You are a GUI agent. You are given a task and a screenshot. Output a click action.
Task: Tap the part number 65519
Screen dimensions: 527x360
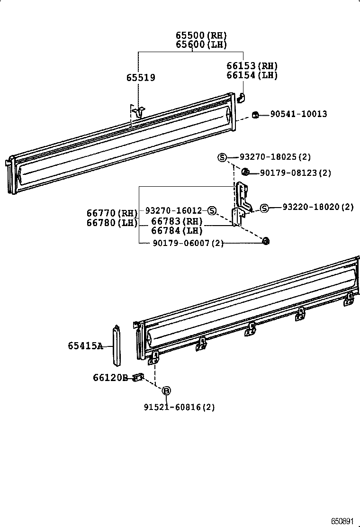pyautogui.click(x=140, y=78)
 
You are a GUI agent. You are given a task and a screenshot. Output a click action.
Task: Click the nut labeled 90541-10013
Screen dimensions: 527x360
pyautogui.click(x=255, y=114)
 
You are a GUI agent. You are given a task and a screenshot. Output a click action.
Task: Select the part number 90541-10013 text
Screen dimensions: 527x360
pyautogui.click(x=298, y=114)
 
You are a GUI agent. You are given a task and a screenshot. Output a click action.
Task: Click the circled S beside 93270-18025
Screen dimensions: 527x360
pyautogui.click(x=222, y=157)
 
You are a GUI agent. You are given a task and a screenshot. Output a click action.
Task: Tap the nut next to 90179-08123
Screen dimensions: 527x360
pyautogui.click(x=245, y=172)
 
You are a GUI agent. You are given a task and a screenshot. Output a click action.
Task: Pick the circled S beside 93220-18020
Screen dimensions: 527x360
pyautogui.click(x=264, y=208)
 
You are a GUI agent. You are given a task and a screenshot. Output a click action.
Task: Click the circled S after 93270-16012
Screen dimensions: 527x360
pyautogui.click(x=212, y=210)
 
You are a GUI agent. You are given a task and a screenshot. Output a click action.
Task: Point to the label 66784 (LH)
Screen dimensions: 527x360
pyautogui.click(x=177, y=231)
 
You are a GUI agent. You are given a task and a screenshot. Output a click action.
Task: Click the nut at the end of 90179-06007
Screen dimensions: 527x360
pyautogui.click(x=266, y=241)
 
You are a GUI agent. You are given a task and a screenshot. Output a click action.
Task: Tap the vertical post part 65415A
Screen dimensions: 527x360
pyautogui.click(x=116, y=345)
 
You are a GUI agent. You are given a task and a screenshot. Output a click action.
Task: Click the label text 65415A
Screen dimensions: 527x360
pyautogui.click(x=85, y=346)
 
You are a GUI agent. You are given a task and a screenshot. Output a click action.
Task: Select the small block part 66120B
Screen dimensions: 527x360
pyautogui.click(x=138, y=377)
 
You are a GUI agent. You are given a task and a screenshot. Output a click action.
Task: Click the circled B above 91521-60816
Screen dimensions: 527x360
pyautogui.click(x=166, y=391)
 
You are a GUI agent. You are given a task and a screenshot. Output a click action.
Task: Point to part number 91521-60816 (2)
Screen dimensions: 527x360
pyautogui.click(x=179, y=407)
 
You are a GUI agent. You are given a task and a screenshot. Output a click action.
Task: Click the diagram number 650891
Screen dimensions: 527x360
pyautogui.click(x=342, y=521)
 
